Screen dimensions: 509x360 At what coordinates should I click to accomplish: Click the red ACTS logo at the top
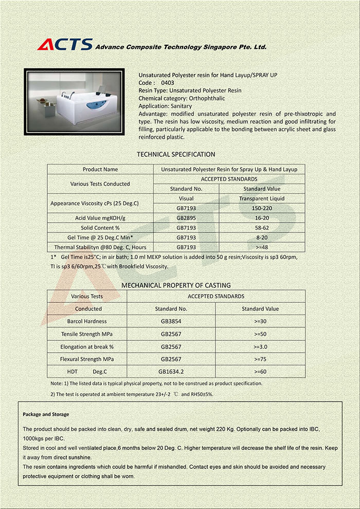pos(65,45)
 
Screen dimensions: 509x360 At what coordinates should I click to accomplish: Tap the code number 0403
pos(168,82)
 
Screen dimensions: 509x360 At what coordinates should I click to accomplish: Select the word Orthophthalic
pos(207,98)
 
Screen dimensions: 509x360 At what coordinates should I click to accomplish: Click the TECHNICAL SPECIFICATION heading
pos(176,154)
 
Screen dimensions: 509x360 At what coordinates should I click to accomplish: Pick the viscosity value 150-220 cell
pos(262,208)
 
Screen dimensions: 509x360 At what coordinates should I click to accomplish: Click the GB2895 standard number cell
pos(186,218)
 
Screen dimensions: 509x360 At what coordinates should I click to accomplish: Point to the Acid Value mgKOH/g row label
pos(100,218)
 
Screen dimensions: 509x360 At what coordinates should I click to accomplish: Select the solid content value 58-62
pos(262,228)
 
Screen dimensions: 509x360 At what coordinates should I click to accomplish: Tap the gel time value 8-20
pos(262,238)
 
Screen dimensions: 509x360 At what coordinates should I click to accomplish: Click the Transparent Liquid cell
pos(262,198)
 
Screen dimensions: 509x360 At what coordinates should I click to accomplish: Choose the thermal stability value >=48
pos(262,247)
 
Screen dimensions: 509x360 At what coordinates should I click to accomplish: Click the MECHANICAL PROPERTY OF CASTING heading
pos(176,285)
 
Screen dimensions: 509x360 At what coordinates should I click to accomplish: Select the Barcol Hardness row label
pos(87,321)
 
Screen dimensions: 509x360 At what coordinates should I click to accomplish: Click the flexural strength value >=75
pos(260,359)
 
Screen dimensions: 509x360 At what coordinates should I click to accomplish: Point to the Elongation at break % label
pos(87,347)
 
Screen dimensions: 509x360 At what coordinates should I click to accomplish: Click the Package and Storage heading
pos(46,414)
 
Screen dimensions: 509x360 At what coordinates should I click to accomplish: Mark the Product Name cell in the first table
pos(100,169)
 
